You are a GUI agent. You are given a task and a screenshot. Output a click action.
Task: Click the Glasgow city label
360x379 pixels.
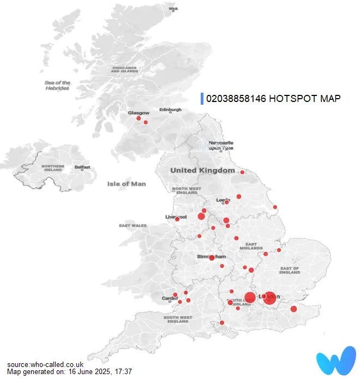[138, 113]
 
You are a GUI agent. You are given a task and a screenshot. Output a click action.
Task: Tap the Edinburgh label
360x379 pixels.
[170, 110]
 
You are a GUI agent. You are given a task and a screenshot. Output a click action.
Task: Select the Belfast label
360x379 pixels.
[82, 167]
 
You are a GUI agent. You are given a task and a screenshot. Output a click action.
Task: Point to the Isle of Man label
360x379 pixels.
[127, 184]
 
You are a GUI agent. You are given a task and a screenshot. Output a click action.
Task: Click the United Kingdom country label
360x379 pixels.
[202, 170]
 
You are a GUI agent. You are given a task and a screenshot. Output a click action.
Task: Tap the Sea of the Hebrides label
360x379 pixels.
[57, 85]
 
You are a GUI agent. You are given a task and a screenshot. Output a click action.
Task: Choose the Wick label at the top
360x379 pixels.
[174, 9]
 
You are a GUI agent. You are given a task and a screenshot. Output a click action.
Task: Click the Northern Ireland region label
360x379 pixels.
[53, 168]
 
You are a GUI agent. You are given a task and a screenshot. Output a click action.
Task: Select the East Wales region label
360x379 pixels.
[133, 225]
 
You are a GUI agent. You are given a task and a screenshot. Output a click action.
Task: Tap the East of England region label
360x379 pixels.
[290, 270]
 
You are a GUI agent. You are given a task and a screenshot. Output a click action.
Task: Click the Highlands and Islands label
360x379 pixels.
[124, 70]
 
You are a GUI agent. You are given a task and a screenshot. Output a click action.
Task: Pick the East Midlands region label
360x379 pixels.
[251, 246]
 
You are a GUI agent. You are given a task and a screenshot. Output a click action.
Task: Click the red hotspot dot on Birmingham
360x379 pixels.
[212, 257]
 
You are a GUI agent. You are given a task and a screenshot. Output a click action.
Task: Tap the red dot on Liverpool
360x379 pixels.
[177, 219]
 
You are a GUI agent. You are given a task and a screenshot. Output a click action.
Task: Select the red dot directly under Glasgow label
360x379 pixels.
[139, 118]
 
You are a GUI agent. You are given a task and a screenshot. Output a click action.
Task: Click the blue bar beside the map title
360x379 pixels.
[202, 99]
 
